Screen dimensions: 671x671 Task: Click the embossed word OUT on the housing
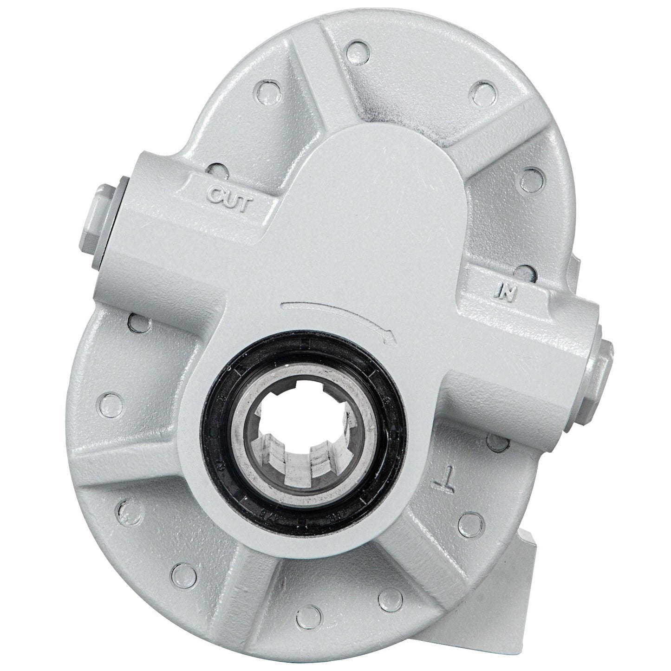(x=229, y=203)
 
